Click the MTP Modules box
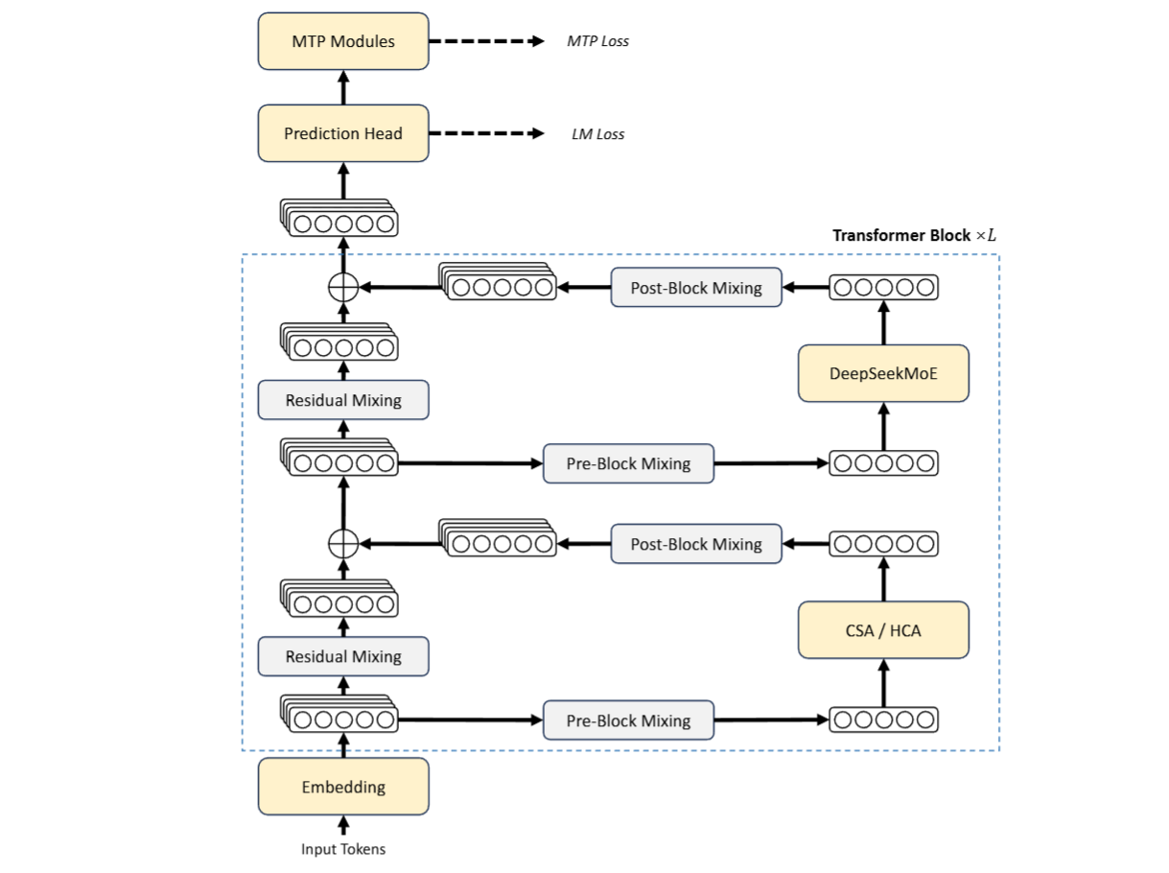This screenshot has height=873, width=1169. pyautogui.click(x=343, y=41)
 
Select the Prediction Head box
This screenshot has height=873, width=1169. pyautogui.click(x=343, y=133)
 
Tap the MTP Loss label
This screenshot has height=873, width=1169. pyautogui.click(x=597, y=41)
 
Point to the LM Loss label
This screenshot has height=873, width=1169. pyautogui.click(x=597, y=134)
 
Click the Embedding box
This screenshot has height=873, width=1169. pyautogui.click(x=343, y=787)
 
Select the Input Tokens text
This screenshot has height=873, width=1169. pyautogui.click(x=343, y=849)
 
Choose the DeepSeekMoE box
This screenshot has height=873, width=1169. pyautogui.click(x=883, y=372)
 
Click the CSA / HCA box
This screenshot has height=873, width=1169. pyautogui.click(x=883, y=630)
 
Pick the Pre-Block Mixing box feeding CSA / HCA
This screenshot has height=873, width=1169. pyautogui.click(x=628, y=720)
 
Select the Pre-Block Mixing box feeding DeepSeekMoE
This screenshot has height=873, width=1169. pyautogui.click(x=628, y=463)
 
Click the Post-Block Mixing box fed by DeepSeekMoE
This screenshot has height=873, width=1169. pyautogui.click(x=696, y=287)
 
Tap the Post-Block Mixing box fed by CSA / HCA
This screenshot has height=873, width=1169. pyautogui.click(x=696, y=544)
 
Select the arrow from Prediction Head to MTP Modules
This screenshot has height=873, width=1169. pyautogui.click(x=343, y=88)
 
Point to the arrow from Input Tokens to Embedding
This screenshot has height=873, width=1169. pyautogui.click(x=343, y=826)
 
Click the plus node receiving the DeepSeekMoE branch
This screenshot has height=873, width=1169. pyautogui.click(x=343, y=287)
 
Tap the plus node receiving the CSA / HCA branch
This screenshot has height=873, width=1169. pyautogui.click(x=343, y=544)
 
